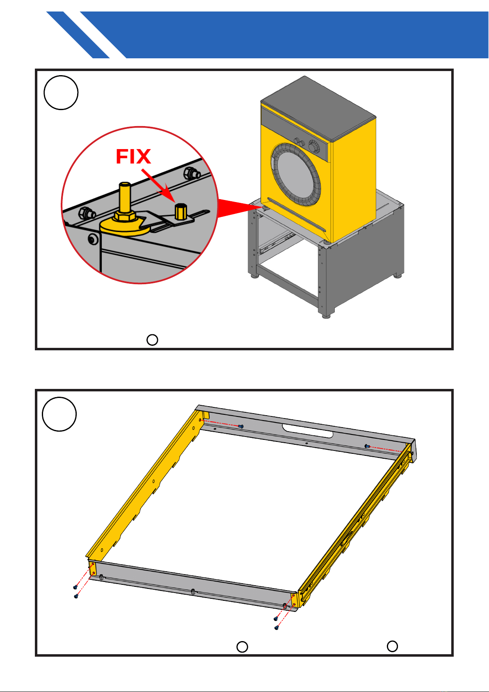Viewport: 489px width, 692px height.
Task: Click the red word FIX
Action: point(133,156)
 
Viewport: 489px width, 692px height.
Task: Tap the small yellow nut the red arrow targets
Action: point(181,212)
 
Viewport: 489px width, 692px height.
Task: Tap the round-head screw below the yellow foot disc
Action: point(93,239)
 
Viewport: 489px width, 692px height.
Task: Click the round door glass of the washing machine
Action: point(295,175)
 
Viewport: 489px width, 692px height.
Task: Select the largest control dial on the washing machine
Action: point(314,147)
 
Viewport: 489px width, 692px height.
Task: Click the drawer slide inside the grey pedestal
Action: point(276,244)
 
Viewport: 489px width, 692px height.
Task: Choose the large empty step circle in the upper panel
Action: point(61,93)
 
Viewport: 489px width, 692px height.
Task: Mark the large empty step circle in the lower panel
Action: point(59,414)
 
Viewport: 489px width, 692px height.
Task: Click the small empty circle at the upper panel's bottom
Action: point(152,340)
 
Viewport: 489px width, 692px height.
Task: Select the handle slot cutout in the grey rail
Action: point(308,431)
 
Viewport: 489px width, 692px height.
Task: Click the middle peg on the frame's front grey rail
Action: point(193,592)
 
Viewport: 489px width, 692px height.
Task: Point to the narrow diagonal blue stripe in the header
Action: point(78,34)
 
